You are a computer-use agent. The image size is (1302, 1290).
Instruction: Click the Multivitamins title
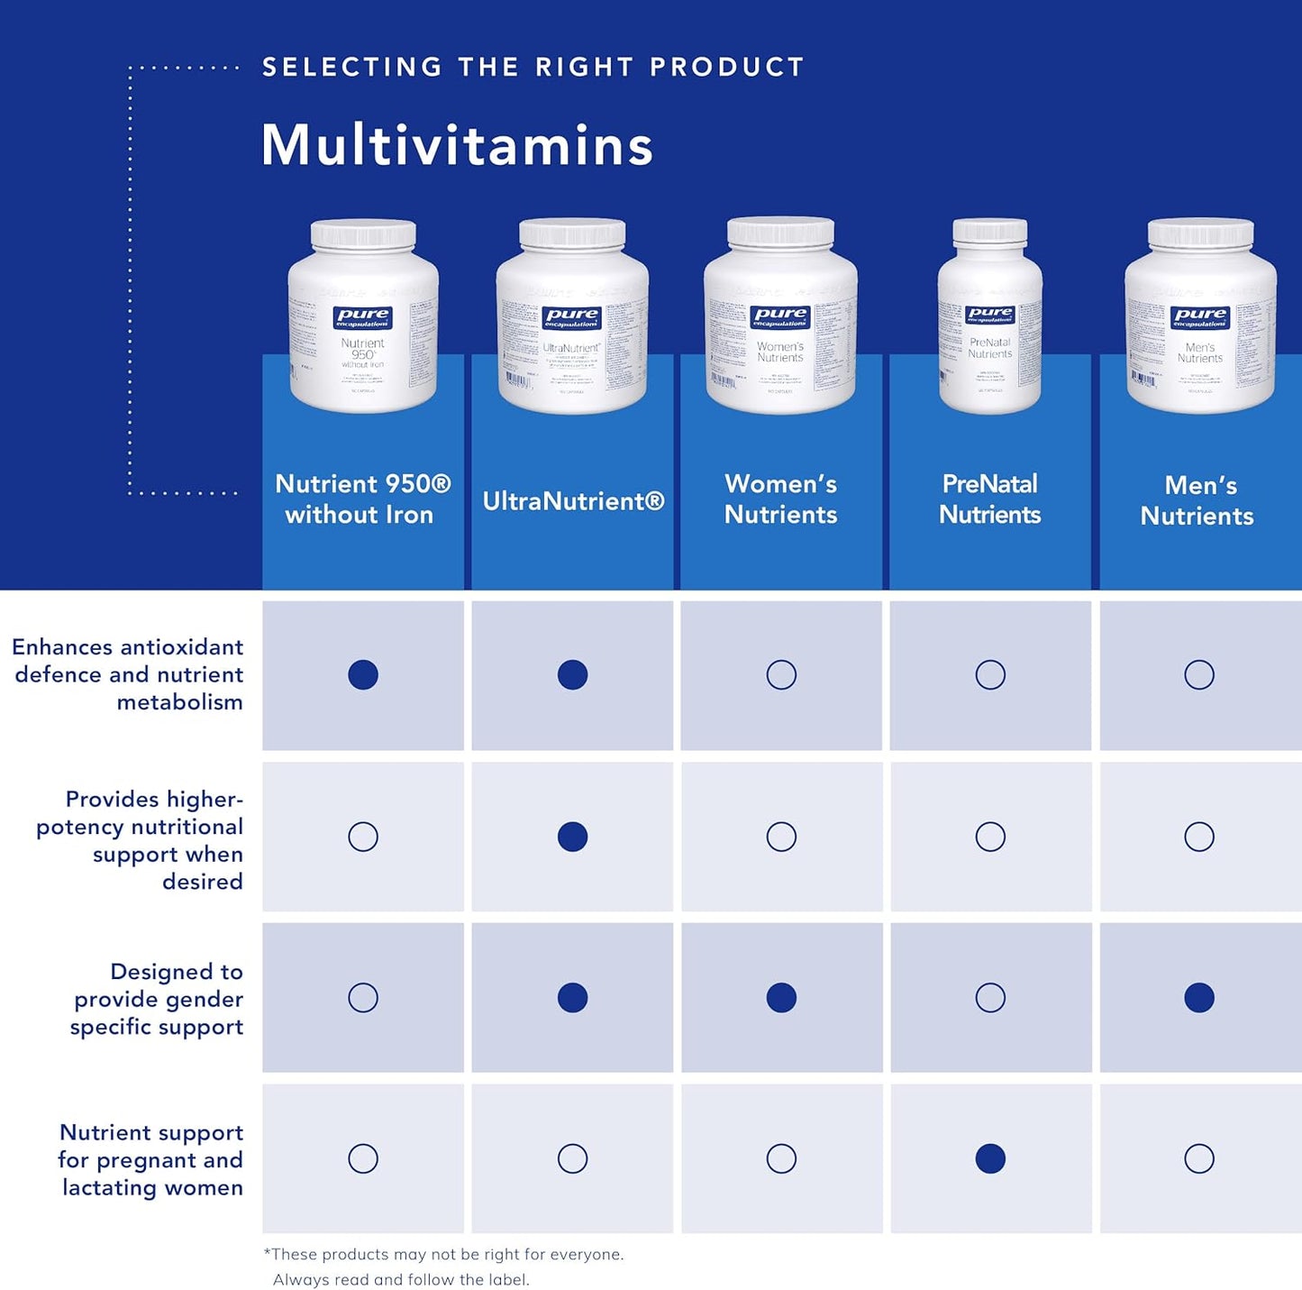coord(457,145)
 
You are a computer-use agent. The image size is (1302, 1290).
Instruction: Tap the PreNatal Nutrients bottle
coord(989,325)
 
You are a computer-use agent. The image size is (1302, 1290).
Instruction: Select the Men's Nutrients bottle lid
coord(1199,233)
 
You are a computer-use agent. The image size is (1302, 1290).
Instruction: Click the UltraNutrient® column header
coord(573,501)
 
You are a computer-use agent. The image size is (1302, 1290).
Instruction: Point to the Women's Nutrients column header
coord(780,499)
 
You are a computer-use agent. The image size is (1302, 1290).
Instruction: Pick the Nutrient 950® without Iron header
coord(362,499)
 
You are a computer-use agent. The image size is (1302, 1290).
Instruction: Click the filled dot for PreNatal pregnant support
coord(990,1158)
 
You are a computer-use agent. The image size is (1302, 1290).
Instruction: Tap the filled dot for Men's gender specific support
coord(1199,998)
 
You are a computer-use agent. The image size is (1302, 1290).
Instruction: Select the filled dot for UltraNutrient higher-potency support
coord(572,837)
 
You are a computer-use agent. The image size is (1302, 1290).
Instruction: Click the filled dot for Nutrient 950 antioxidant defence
coord(363,674)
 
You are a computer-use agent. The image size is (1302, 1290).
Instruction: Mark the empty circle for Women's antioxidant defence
coord(781,674)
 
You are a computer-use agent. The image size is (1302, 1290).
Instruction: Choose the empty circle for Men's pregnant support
coord(1199,1158)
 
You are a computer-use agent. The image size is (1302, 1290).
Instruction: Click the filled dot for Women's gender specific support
coord(781,998)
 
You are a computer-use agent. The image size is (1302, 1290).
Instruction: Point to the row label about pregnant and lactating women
coord(151,1159)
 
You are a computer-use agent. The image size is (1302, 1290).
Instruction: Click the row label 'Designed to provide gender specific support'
coord(158,999)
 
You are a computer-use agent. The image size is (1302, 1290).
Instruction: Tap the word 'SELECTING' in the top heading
coord(352,68)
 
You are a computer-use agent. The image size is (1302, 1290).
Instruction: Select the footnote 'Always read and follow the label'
coord(401,1279)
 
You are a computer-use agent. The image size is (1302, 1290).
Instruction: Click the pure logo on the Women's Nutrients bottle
coord(780,316)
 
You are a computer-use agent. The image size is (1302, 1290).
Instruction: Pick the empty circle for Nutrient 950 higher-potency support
coord(363,837)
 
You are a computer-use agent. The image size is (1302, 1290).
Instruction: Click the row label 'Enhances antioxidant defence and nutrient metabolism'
coord(129,674)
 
